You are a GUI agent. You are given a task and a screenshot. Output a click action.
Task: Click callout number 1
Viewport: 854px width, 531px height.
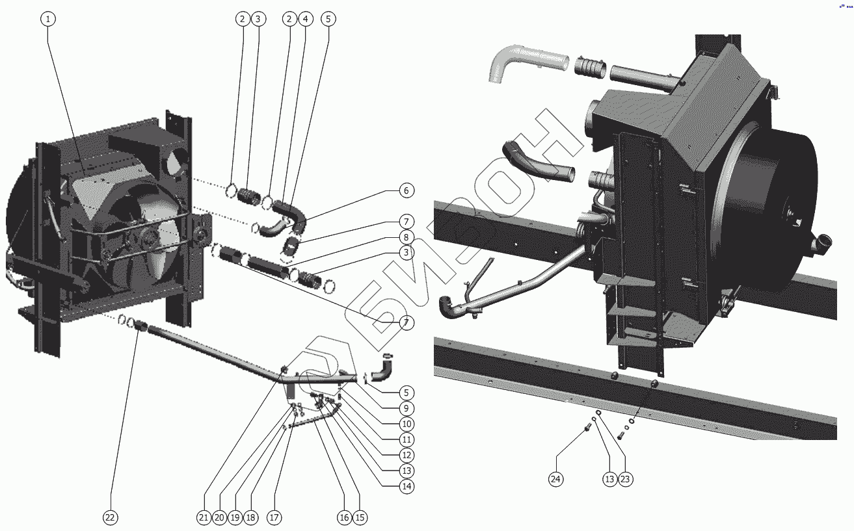[x=47, y=19]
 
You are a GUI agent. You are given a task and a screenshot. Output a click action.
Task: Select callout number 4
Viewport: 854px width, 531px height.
[x=306, y=19]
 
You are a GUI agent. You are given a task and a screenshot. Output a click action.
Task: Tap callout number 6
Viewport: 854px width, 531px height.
[x=407, y=190]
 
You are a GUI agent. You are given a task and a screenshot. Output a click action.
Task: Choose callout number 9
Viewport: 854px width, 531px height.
[x=407, y=408]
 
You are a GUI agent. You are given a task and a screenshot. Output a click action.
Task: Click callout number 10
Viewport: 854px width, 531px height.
[x=407, y=424]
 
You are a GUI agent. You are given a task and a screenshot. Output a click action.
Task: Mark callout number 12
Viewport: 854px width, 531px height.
[x=407, y=455]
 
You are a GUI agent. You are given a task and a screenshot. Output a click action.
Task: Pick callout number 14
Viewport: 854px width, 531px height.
[x=407, y=486]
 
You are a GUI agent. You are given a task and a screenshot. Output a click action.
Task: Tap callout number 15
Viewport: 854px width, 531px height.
[x=360, y=517]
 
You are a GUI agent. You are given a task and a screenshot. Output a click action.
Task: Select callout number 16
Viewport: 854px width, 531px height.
[x=344, y=517]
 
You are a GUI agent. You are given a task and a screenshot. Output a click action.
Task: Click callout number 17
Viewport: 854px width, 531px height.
[x=274, y=517]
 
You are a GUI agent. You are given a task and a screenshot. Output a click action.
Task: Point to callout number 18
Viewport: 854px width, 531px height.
[x=250, y=517]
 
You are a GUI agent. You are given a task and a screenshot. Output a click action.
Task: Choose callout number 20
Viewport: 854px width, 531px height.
[x=219, y=517]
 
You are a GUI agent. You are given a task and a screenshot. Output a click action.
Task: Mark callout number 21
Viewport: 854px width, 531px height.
[x=204, y=517]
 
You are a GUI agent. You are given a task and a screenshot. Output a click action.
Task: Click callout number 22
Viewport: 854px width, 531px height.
[x=110, y=517]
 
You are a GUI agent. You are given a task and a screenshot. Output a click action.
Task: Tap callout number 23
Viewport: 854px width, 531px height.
[x=625, y=479]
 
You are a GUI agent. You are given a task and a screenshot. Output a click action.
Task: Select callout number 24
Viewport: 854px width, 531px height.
[x=555, y=479]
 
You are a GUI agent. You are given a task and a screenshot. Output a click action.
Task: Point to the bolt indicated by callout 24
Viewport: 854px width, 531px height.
[x=588, y=427]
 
